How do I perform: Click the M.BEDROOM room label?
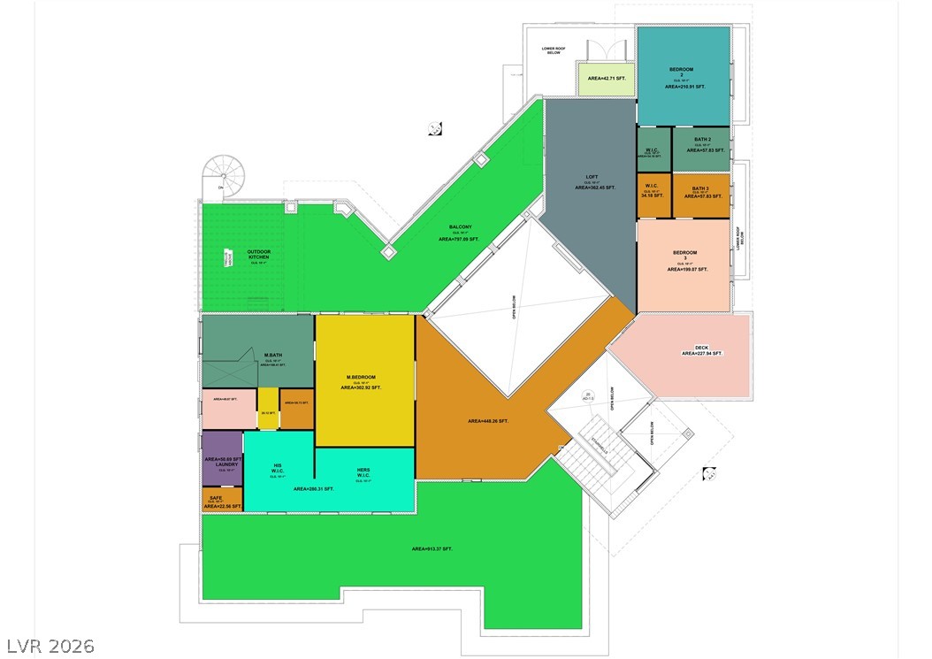click(x=361, y=378)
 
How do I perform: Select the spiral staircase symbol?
click(x=224, y=175)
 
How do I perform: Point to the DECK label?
click(x=701, y=347)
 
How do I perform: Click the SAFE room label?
click(x=216, y=497)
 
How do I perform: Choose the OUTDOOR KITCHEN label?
click(x=259, y=255)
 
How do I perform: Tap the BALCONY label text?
click(x=459, y=227)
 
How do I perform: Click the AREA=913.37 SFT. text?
click(x=432, y=549)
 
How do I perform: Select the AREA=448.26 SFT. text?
click(x=488, y=421)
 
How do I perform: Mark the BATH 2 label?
click(x=702, y=140)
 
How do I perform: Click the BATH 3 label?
click(x=700, y=188)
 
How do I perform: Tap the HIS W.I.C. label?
click(x=278, y=468)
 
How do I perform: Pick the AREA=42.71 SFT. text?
click(x=607, y=78)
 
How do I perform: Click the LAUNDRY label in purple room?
click(x=222, y=464)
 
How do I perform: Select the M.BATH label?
click(x=272, y=356)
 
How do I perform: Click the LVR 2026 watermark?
click(x=50, y=646)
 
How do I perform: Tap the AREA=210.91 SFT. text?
click(x=685, y=87)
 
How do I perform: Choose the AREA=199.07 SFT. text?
click(x=687, y=269)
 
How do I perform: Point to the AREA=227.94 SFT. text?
click(x=702, y=354)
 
